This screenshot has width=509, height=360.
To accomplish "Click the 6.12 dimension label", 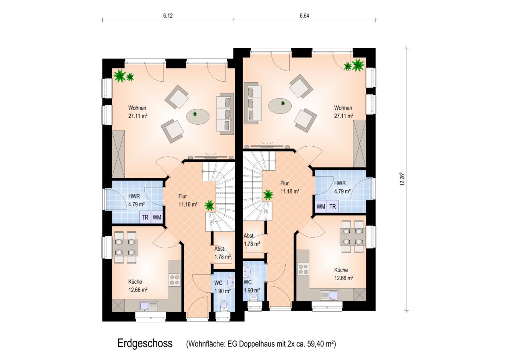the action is coord(168,16).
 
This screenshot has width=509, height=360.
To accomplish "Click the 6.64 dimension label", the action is coord(305,16).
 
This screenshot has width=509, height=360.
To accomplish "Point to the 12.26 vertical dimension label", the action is coord(402,179).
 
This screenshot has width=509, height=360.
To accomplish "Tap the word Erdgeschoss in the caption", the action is coord(145,343).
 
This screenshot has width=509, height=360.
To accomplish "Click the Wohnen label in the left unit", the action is coord(137,108).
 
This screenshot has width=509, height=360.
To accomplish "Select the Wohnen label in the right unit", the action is coord(343,108).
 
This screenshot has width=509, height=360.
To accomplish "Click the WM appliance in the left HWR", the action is coord(157,217).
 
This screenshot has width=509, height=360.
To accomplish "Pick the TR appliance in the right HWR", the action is coord(333,206).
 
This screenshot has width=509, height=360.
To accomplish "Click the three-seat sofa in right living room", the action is coord(253,103).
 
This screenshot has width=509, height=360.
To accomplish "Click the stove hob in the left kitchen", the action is coord(175,280).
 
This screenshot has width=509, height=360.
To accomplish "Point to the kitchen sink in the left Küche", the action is coord(149,306).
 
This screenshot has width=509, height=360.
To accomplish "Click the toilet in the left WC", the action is coord(224,306).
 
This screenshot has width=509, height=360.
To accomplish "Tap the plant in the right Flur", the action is coord(268,195).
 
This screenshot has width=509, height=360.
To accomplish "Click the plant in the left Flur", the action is coord(210,205).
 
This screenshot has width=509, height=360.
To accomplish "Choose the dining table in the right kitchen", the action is coord(352,237).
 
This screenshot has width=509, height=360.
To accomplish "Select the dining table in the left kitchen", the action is coord(125,247).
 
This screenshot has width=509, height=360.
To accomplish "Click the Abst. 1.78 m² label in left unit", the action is coord(222,253).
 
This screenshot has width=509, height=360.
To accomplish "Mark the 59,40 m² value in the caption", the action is coord(321,344).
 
